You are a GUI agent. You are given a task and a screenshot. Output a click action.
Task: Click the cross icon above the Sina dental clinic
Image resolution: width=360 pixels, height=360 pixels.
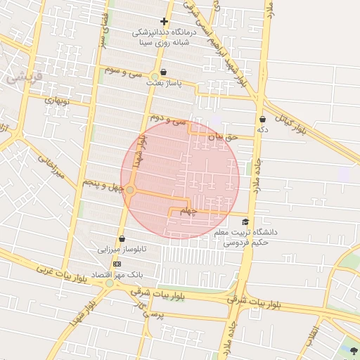tap(165, 22)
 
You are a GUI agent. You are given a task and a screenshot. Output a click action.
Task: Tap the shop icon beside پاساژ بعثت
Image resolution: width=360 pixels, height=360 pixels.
tap(164, 72)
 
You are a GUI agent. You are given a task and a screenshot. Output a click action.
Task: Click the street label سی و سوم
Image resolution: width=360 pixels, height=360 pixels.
tap(124, 72)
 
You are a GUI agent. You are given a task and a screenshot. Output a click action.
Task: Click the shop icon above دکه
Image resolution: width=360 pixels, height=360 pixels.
tap(262, 120)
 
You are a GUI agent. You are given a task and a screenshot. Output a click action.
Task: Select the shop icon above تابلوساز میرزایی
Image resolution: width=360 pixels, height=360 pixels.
tap(122, 238)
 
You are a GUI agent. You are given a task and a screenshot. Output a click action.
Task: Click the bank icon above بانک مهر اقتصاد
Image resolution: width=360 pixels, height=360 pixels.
tap(117, 263)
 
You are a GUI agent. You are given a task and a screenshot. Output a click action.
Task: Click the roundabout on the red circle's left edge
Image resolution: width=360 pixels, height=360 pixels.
tap(130, 189)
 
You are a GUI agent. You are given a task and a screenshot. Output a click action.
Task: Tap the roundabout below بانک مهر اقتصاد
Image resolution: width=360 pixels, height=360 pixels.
tap(109, 283)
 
